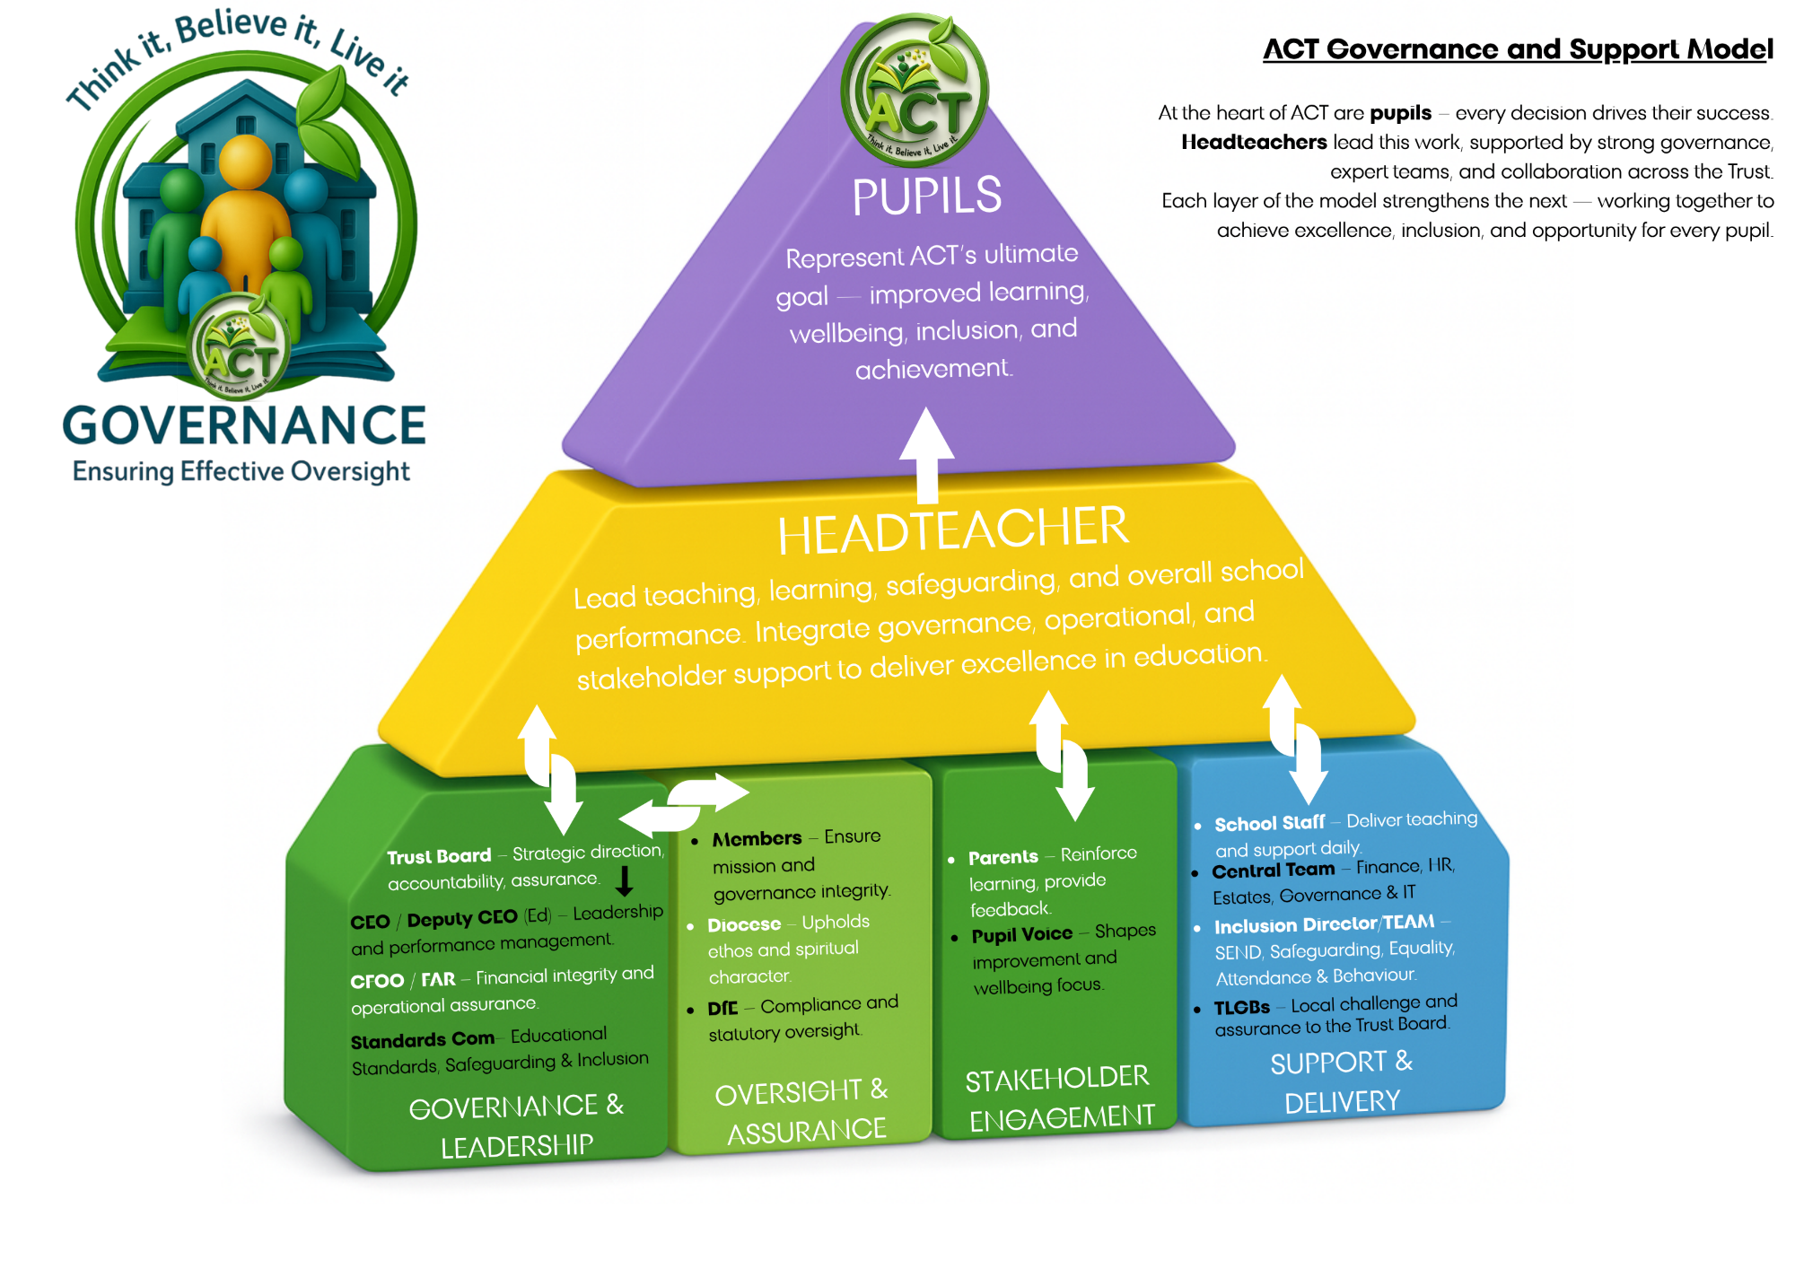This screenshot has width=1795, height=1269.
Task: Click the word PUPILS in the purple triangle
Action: [926, 197]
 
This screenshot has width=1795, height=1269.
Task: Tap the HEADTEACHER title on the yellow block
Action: [952, 530]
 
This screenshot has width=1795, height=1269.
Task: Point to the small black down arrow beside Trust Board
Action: [625, 880]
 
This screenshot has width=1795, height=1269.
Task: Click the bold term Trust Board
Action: [439, 856]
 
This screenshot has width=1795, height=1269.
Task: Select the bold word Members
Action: [757, 839]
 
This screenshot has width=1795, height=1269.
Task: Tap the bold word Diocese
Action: [744, 924]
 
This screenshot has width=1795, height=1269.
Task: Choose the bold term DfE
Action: [722, 1008]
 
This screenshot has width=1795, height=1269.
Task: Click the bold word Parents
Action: [1003, 857]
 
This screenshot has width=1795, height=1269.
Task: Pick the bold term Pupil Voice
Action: [1021, 935]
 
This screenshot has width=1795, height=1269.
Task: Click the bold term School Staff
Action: [1269, 823]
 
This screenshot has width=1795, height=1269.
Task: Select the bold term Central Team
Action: [1273, 870]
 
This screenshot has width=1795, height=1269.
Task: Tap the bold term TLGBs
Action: [1241, 1008]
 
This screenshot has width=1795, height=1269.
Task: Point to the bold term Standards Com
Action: [422, 1040]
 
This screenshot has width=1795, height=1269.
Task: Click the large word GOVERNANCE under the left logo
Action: [243, 425]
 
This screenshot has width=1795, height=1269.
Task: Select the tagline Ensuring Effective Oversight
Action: [241, 471]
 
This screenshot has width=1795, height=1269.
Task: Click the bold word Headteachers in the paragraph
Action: [1254, 142]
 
